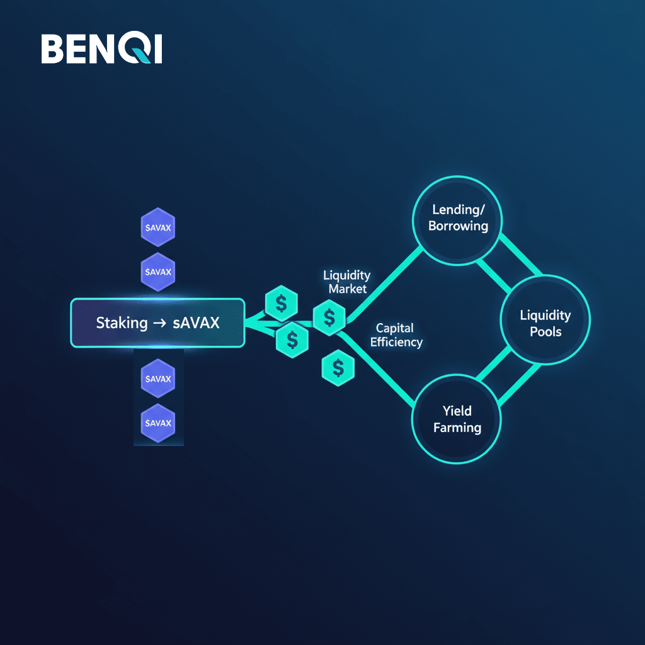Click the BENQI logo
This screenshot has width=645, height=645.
101,49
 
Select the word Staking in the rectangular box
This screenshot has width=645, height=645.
122,323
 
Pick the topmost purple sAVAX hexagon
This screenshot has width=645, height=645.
157,227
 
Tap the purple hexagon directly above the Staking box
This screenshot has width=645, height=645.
157,272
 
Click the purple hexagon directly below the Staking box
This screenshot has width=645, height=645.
157,379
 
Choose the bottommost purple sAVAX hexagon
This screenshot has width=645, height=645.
157,423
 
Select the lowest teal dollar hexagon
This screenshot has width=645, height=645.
338,368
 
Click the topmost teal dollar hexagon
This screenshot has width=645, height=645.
281,304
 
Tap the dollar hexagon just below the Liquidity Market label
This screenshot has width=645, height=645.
329,317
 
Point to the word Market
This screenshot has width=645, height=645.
347,289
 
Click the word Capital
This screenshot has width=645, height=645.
394,328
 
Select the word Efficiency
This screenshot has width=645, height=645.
396,342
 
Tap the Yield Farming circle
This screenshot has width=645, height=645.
457,420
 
